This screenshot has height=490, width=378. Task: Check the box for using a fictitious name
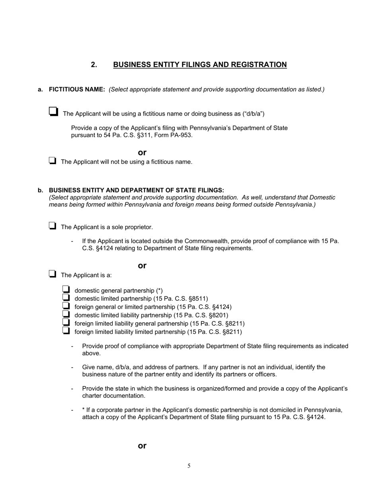tap(53, 111)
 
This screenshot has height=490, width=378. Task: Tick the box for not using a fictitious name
tap(52, 161)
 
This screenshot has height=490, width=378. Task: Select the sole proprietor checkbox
tap(52, 226)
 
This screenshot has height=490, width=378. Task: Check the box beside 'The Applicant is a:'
tap(52, 274)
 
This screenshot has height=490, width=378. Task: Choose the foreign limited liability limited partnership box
tap(66, 331)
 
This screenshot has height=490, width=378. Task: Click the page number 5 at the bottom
tap(189, 466)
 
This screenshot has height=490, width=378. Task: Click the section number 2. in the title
tap(94, 65)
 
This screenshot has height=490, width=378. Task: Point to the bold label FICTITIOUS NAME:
tap(77, 89)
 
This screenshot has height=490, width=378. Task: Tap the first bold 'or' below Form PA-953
tap(142, 152)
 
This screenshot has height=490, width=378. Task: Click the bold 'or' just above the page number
tap(142, 446)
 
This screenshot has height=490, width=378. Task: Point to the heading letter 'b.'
tap(41, 190)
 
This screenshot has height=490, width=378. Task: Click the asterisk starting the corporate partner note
tap(84, 410)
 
